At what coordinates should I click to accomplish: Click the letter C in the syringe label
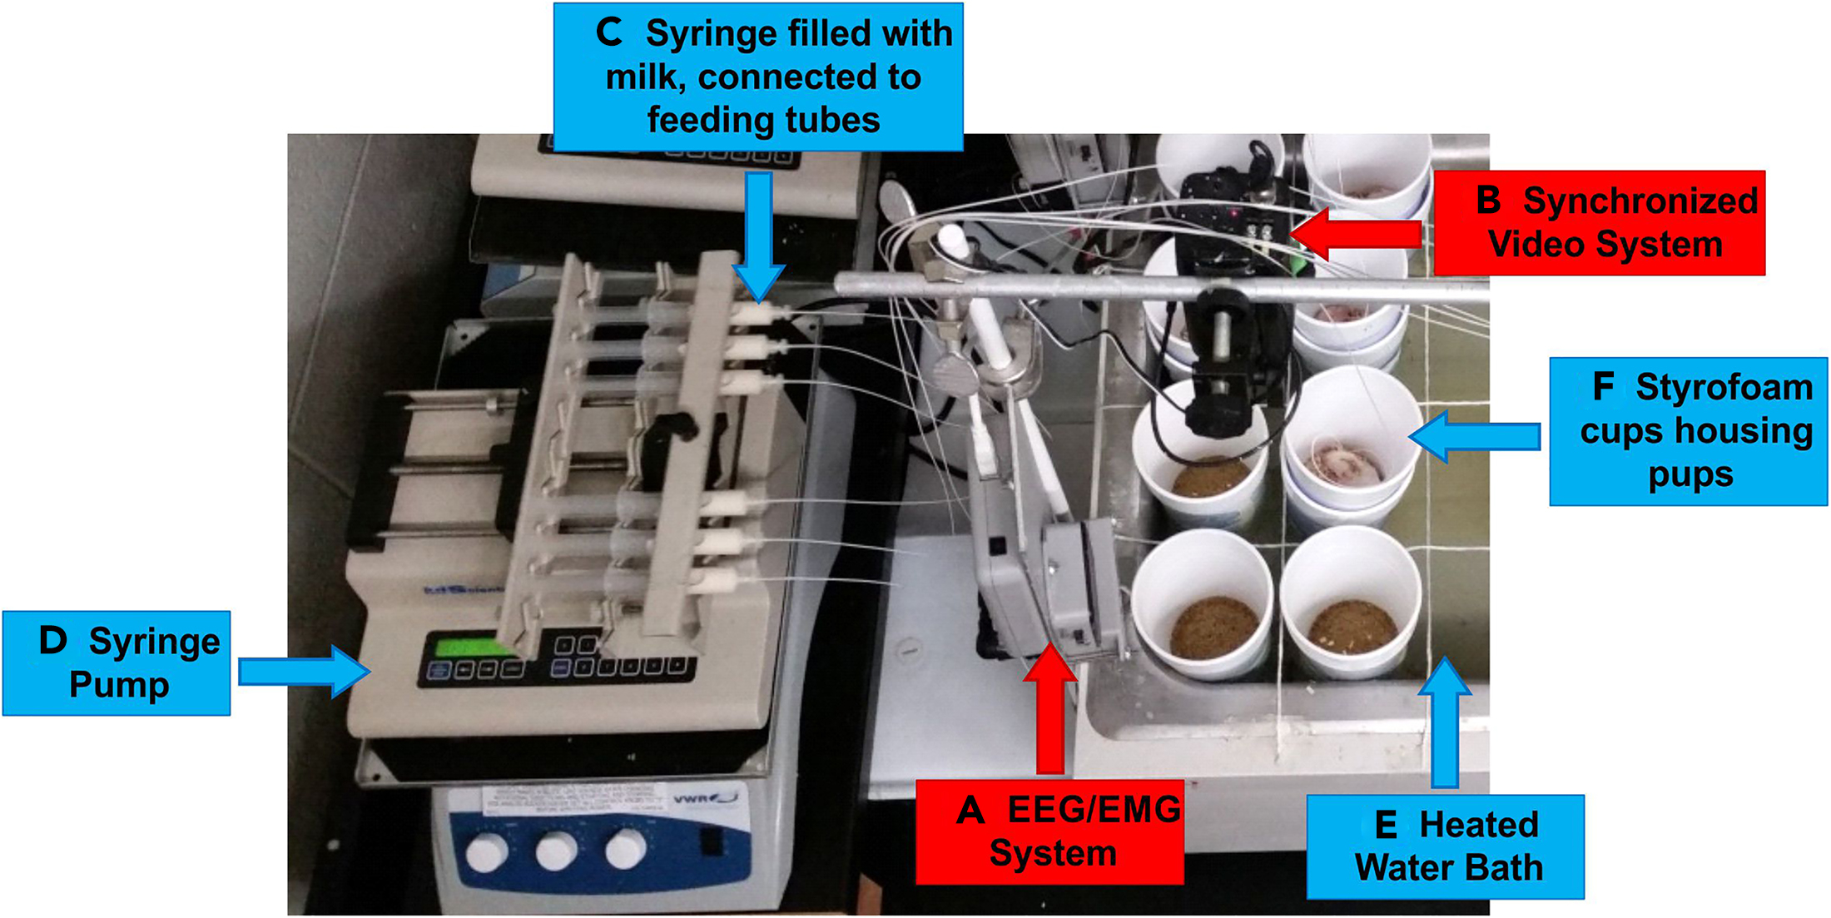coord(608,33)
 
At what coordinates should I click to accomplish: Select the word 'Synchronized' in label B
coord(1640,201)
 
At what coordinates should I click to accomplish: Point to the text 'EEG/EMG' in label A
coord(1094,810)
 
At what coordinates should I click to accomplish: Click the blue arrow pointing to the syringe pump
coord(304,671)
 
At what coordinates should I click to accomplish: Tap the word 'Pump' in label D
coord(119,685)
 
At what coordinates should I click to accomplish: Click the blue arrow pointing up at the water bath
coord(1445,720)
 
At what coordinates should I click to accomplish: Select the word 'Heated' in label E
coord(1479,825)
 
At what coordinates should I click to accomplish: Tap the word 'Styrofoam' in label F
coord(1724,388)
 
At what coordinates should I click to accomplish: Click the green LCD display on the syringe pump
coord(466,648)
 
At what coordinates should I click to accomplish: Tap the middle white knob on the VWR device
coord(556,851)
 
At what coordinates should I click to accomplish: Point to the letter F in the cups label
coord(1603,387)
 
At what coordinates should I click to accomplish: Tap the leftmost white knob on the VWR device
coord(486,853)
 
